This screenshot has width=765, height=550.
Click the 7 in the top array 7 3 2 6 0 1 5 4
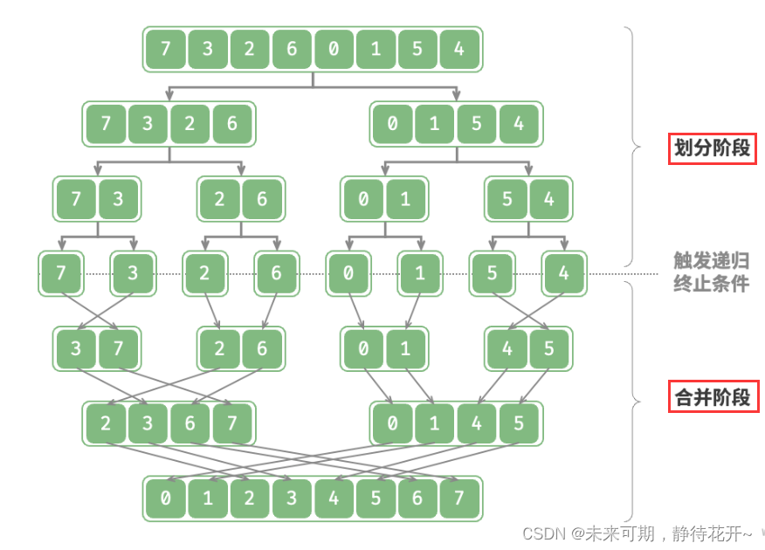click(x=165, y=49)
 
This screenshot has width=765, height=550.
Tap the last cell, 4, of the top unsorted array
click(x=459, y=49)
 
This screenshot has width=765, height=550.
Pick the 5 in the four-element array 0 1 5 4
click(x=477, y=124)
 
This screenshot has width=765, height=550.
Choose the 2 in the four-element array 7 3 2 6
click(x=190, y=124)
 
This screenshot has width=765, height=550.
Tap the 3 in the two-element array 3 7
click(x=76, y=349)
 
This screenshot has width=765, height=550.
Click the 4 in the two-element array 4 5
click(x=507, y=349)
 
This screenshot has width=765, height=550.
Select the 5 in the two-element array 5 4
click(x=507, y=199)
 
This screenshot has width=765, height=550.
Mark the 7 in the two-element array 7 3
click(x=76, y=199)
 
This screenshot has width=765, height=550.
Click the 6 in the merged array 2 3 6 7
click(x=190, y=424)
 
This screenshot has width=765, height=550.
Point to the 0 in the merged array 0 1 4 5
click(x=392, y=424)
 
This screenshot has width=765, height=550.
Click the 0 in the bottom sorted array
click(x=165, y=498)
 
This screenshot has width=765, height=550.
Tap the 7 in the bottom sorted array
click(x=459, y=498)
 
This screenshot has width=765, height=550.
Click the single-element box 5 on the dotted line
click(x=492, y=273)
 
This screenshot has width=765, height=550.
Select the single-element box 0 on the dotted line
click(x=348, y=273)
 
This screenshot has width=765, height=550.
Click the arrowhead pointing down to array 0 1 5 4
click(x=456, y=95)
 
